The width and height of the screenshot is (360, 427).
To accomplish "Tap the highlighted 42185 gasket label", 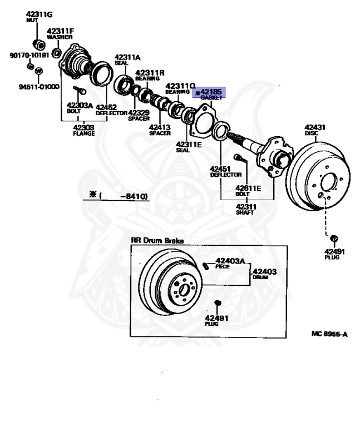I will pos(209,92).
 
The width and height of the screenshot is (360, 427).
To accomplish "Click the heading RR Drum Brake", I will pos(157,240).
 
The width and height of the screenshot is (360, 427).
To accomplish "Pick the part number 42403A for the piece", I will pos(230,261).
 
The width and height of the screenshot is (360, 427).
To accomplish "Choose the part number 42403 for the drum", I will pos(265,271).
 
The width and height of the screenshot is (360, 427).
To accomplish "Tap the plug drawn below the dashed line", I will pos(334,239).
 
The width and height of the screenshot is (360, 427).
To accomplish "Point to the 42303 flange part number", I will pos(83,127).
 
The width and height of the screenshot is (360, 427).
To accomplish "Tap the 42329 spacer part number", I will pos(140,112).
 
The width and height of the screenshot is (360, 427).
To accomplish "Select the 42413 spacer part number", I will pos(160,127).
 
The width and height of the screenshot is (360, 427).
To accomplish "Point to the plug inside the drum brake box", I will pos(218,302).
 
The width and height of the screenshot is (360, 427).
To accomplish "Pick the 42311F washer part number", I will pos(60,31).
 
